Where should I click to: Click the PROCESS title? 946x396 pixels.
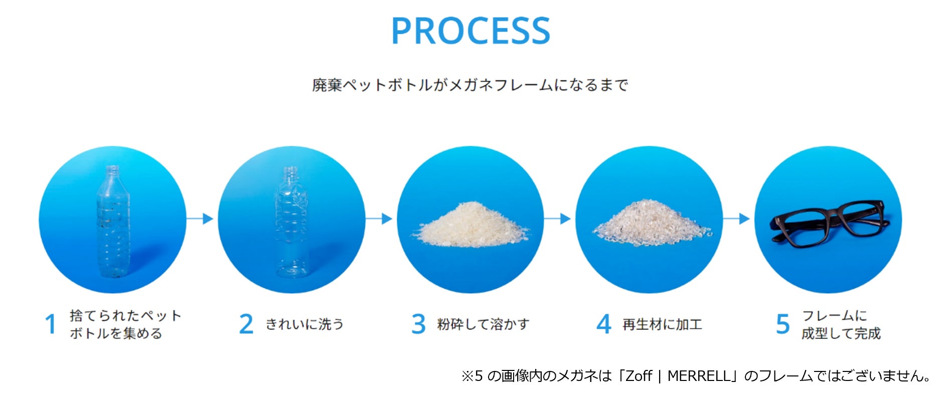470,31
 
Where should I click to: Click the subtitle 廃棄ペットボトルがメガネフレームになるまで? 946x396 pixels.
470,85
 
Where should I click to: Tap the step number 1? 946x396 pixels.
50,324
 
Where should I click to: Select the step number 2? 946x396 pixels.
246,324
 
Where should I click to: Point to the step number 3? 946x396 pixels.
418,324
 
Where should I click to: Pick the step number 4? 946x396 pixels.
604,324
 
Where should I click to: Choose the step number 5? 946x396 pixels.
782,324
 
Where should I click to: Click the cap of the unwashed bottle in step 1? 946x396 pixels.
112,170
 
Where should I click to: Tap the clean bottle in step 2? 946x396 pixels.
291,223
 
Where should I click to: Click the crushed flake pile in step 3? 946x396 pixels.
470,226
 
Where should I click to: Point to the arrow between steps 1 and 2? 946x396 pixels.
201,219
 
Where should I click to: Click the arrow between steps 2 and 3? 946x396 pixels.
380,219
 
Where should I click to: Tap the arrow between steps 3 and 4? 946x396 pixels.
558,219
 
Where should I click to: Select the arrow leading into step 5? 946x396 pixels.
737,219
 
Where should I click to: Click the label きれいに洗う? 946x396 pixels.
304,324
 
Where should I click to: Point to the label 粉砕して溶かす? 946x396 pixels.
483,324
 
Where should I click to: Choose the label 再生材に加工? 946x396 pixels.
662,324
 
